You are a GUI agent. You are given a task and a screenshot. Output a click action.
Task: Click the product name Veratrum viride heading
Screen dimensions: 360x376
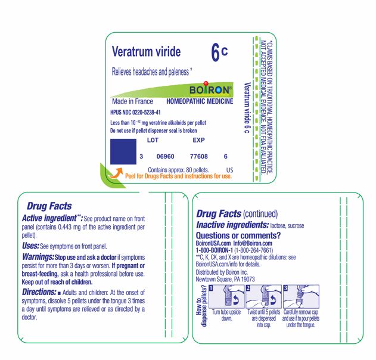(146, 52)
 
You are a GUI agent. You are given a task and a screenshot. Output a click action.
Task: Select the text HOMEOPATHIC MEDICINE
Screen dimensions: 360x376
(200, 102)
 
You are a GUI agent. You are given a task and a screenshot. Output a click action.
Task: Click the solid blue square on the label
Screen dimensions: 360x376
(123, 151)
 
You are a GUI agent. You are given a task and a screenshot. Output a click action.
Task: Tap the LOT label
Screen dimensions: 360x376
(153, 141)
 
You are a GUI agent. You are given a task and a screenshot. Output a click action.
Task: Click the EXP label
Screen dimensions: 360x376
(198, 141)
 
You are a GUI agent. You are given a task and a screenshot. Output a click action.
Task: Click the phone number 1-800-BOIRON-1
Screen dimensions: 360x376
(217, 250)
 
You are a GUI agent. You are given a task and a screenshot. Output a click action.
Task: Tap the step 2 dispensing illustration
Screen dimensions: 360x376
(263, 296)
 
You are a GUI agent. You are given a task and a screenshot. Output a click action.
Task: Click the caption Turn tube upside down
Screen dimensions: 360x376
(226, 315)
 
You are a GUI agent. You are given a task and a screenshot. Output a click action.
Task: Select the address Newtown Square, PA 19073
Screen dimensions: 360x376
(225, 279)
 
